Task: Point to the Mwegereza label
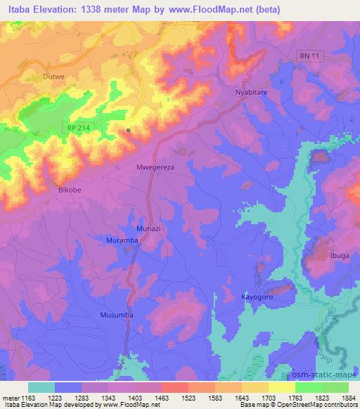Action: pyautogui.click(x=154, y=168)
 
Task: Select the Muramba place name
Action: pyautogui.click(x=122, y=240)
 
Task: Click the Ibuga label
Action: pyautogui.click(x=340, y=255)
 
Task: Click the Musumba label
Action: pyautogui.click(x=116, y=315)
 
